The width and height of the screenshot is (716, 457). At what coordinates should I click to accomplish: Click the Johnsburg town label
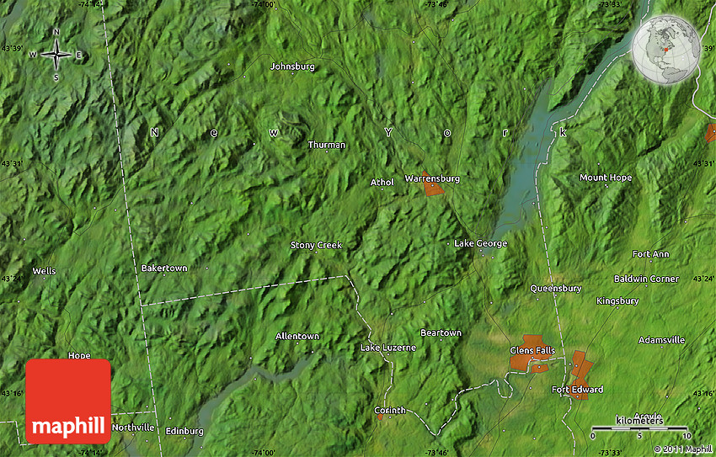pos(292,66)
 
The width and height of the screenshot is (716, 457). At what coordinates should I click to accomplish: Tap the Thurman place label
pos(326,145)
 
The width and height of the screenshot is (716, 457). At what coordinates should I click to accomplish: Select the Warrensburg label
pos(432,178)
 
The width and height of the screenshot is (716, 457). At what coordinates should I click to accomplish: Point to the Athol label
pos(382,182)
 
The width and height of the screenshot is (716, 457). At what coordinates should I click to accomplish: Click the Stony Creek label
pos(317,245)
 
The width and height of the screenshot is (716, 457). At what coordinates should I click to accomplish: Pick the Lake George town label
pos(480,243)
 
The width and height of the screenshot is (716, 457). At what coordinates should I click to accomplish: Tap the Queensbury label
pos(555,288)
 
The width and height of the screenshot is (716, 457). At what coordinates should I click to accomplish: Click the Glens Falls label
pos(532,349)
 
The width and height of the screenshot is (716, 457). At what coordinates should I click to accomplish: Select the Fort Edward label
pos(577,390)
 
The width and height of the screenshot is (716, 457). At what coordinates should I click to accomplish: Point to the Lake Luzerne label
pos(388,348)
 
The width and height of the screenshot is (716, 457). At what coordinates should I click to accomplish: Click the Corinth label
pos(390,410)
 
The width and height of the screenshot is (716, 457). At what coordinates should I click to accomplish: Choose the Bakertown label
pos(164,268)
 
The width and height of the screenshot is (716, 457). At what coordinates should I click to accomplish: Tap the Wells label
pos(44,271)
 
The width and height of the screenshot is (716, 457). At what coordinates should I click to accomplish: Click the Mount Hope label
pos(605,178)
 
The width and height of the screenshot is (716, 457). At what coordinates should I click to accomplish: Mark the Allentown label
pos(297,336)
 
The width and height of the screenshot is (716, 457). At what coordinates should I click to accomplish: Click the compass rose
pos(56,56)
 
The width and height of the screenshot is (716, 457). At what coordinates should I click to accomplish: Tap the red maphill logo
pos(68,401)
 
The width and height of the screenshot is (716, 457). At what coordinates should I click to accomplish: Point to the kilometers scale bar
pos(639,429)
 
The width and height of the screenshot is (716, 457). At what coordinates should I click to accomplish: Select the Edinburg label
pos(184,431)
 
